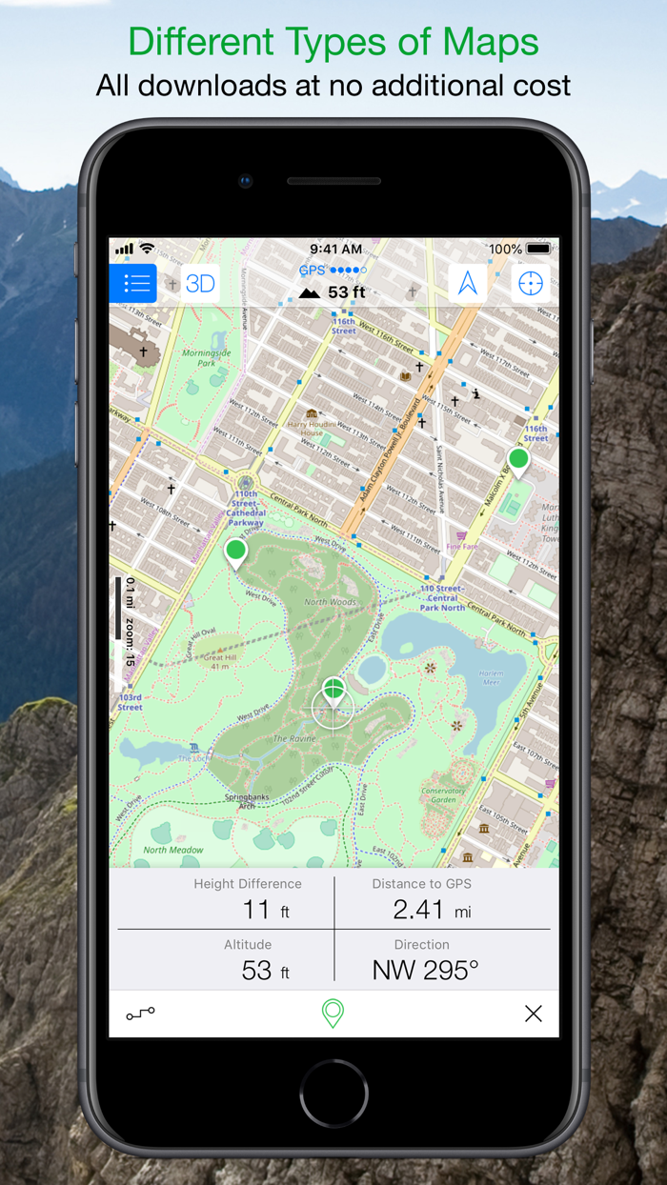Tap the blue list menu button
tap(133, 283)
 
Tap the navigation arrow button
tap(468, 283)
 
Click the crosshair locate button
tap(531, 283)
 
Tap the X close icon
tap(534, 1014)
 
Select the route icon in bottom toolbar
tap(140, 1014)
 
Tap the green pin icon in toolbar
tap(333, 1014)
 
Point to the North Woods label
tap(330, 601)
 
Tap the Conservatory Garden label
tap(443, 794)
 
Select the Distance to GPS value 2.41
tap(419, 910)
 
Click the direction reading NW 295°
tap(425, 970)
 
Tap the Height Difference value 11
tap(255, 910)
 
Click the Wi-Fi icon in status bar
tap(147, 249)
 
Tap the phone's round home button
tap(333, 1093)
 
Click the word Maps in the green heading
tap(491, 43)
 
